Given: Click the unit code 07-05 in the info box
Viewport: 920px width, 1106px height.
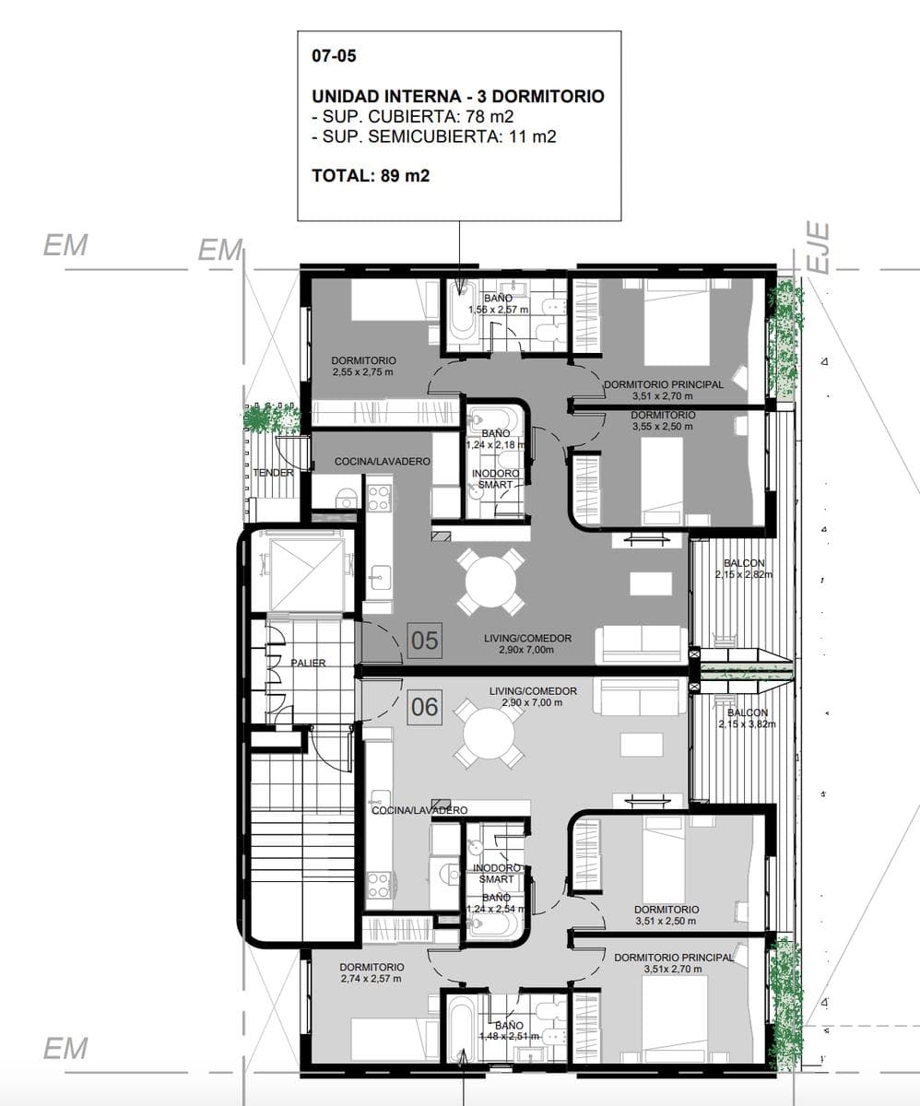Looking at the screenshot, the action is pyautogui.click(x=334, y=55).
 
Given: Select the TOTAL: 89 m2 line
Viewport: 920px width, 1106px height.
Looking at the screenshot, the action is pyautogui.click(x=371, y=175).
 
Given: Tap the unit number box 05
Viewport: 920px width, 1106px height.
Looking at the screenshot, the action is pyautogui.click(x=424, y=641).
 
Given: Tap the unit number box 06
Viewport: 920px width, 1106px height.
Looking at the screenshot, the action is pyautogui.click(x=424, y=707).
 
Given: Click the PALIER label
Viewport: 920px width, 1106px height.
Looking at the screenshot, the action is pyautogui.click(x=308, y=663).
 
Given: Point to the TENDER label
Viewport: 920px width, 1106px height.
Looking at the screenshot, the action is pyautogui.click(x=274, y=473).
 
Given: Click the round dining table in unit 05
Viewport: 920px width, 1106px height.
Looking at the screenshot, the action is pyautogui.click(x=490, y=582).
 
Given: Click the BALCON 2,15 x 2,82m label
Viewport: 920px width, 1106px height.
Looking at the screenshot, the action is pyautogui.click(x=744, y=569).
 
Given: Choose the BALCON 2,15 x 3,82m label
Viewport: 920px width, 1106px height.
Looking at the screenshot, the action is pyautogui.click(x=748, y=718).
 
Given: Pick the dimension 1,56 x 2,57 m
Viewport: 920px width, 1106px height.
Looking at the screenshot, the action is pyautogui.click(x=498, y=310).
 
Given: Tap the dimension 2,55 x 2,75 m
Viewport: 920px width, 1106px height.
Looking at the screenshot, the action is pyautogui.click(x=363, y=371).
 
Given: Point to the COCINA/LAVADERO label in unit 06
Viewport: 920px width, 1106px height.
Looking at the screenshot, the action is pyautogui.click(x=419, y=810).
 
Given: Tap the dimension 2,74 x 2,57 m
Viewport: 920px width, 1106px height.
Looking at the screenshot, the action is pyautogui.click(x=371, y=979).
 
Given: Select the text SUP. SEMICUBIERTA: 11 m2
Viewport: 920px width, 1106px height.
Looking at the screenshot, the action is pyautogui.click(x=434, y=136).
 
